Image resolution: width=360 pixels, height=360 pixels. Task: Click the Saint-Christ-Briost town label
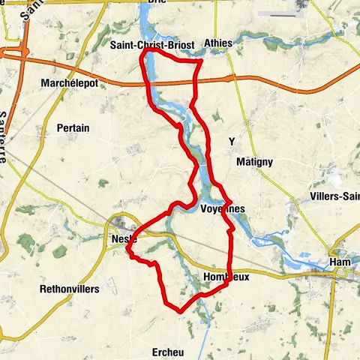[152, 46]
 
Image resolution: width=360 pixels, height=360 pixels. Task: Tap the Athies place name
[218, 43]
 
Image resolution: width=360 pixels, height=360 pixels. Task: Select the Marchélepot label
[70, 83]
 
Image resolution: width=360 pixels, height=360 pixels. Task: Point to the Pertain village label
[73, 128]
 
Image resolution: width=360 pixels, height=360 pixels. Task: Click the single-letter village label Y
[232, 141]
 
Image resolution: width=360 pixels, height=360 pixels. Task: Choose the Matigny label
[254, 162]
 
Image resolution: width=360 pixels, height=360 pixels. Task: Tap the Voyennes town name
[223, 209]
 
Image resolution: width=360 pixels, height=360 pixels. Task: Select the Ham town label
[340, 262]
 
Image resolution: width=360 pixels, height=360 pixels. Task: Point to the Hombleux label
[226, 277]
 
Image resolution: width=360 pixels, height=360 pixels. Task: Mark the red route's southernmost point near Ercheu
[180, 310]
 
